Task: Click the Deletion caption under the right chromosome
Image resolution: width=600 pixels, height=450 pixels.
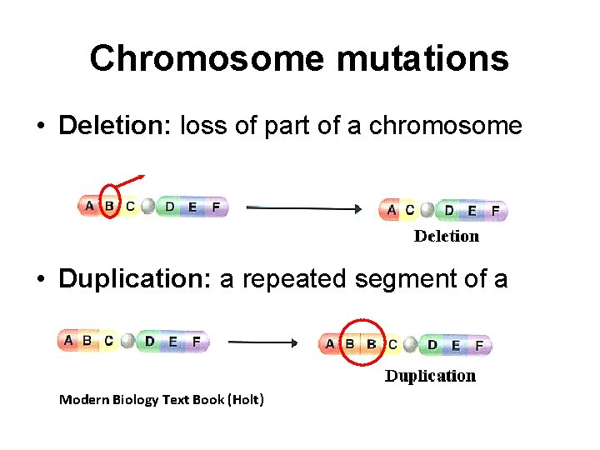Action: (447, 236)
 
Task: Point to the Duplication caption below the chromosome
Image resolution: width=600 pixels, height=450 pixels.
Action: (430, 376)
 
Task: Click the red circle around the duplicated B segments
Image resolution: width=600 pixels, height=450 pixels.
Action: (364, 342)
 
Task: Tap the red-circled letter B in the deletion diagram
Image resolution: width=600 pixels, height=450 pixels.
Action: (109, 206)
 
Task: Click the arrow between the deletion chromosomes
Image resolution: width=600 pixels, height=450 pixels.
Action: (305, 207)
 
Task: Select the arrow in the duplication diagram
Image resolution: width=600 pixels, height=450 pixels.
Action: (262, 342)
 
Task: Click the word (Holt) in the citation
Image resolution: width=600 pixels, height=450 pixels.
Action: (247, 400)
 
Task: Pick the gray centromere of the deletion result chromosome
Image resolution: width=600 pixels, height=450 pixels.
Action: (427, 210)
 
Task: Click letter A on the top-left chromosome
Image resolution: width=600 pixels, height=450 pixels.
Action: (89, 206)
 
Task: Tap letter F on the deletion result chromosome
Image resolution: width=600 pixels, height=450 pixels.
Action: (495, 211)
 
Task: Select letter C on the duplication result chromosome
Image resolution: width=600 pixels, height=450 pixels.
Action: (392, 344)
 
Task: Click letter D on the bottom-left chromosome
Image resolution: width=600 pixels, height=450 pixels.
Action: (150, 341)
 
